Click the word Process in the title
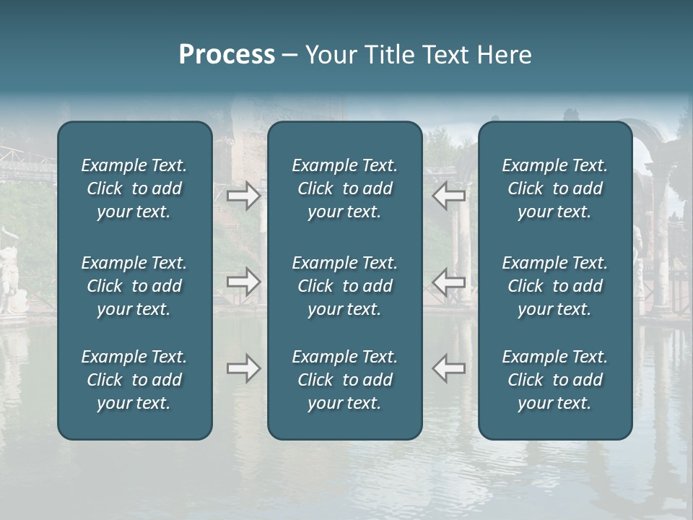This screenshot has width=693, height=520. [x=227, y=55]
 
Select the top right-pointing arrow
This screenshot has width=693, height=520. [x=243, y=196]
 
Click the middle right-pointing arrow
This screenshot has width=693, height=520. [x=243, y=282]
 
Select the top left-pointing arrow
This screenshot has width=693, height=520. [x=449, y=196]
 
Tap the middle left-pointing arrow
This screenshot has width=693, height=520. [x=449, y=282]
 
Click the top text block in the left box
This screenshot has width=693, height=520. [x=134, y=188]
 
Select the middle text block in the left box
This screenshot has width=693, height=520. [x=134, y=286]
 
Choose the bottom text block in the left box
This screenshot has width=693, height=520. [x=134, y=380]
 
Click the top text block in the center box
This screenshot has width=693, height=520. [x=344, y=188]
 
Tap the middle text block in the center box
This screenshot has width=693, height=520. [x=344, y=286]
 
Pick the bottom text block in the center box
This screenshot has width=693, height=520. [x=344, y=380]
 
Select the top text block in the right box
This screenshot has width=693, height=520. [x=555, y=188]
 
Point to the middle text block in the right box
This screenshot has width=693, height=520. [x=555, y=286]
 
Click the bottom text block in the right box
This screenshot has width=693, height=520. [x=555, y=380]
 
